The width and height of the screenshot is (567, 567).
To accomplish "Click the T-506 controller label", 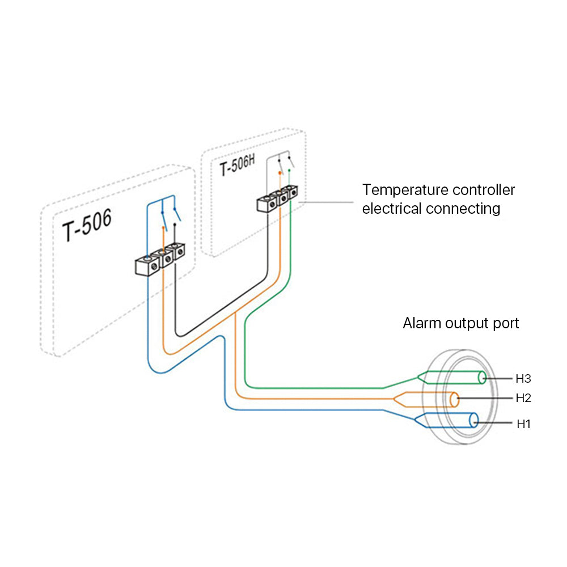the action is coord(87,225).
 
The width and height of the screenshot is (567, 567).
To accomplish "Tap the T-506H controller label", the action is coord(237,165).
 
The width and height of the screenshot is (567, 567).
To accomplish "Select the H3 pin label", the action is coord(523,379).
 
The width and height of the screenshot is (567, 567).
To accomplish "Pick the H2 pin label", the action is coord(523,398).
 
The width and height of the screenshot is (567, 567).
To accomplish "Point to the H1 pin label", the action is coord(523,424).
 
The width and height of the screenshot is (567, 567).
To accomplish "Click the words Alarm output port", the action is coord(460,323).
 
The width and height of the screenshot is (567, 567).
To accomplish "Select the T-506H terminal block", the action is coord(277,198).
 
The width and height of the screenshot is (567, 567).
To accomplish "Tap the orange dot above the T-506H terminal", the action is coord(280,173).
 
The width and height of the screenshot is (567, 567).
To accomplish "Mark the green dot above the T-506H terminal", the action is coord(289,170).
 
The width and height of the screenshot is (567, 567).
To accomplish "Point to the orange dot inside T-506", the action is coord(163,228).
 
